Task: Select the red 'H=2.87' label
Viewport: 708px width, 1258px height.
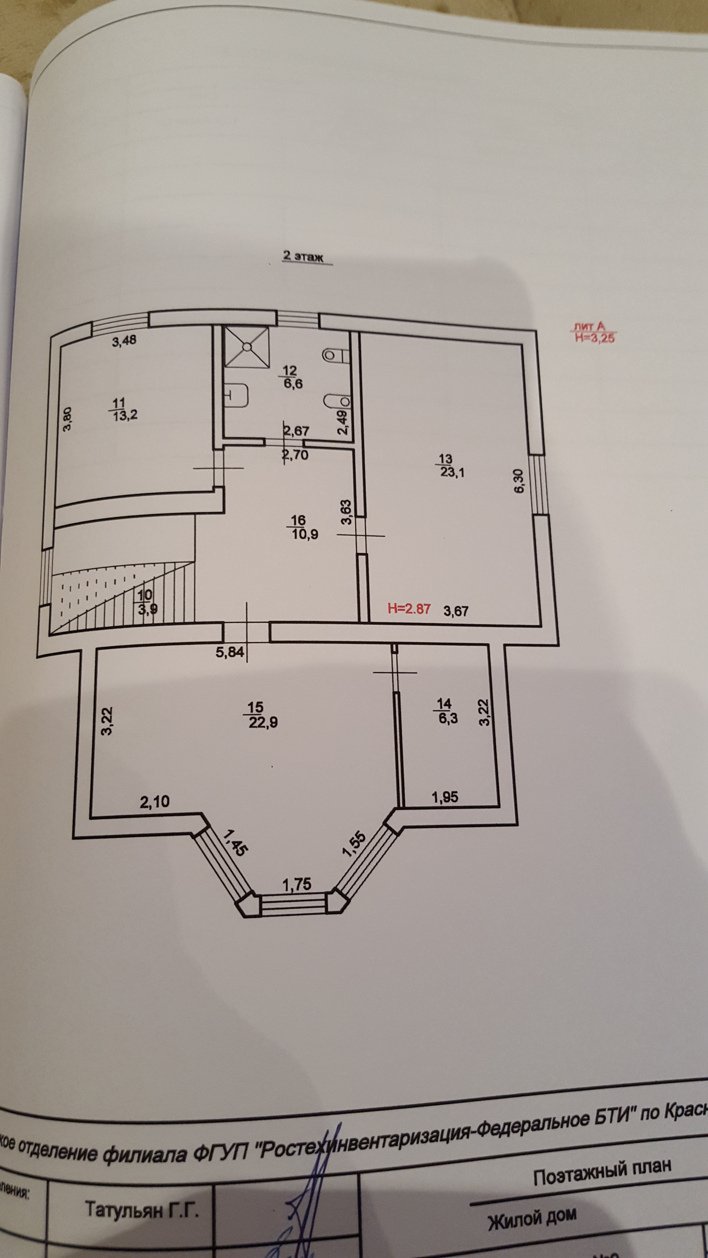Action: (409, 609)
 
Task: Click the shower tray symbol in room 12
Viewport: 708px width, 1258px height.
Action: (247, 346)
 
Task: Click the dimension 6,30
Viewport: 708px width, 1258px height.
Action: (519, 481)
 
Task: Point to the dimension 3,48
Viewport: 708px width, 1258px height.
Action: (124, 341)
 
